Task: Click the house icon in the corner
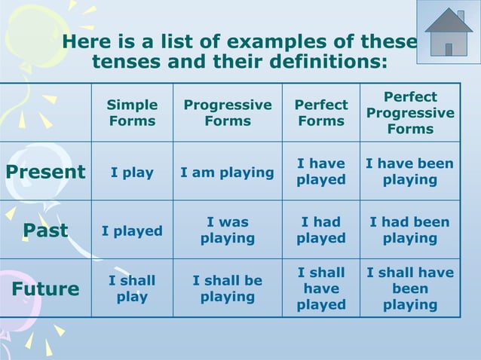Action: [449, 32]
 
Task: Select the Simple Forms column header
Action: [132, 113]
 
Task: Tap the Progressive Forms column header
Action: [228, 113]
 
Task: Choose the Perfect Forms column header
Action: [321, 113]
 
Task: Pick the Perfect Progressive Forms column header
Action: [410, 113]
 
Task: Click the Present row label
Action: [45, 172]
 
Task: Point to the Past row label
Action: [45, 230]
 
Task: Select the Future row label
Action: [45, 289]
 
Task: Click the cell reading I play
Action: [132, 172]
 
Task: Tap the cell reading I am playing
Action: [228, 172]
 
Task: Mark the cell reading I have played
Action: [321, 172]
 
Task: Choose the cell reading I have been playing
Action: [410, 172]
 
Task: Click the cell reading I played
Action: [132, 231]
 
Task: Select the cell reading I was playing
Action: [228, 230]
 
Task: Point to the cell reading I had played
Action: [321, 230]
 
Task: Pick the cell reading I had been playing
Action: [410, 230]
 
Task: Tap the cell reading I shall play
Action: [132, 288]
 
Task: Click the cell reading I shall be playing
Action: [228, 288]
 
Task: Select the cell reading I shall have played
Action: [321, 288]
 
